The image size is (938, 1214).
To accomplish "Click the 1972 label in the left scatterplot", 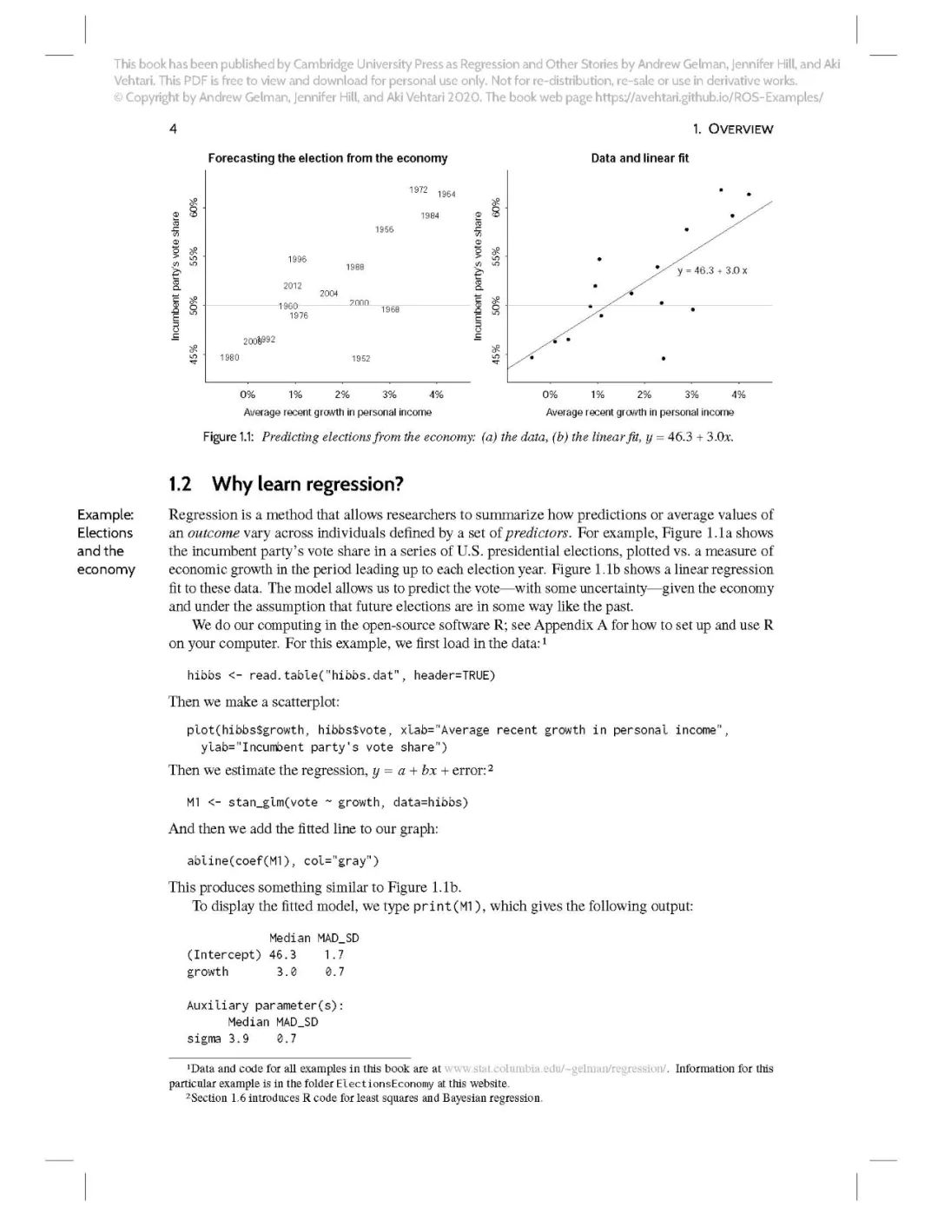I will click(418, 189).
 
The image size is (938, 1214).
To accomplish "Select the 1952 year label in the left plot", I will click(360, 358).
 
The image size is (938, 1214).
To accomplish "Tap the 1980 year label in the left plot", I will click(229, 357).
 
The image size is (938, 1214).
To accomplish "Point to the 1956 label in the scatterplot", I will click(384, 229).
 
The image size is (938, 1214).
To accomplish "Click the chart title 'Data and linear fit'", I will click(639, 158).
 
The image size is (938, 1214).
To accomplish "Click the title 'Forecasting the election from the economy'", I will click(327, 158).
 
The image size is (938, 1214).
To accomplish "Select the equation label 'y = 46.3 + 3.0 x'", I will click(712, 270).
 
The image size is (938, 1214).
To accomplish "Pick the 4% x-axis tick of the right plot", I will click(738, 395).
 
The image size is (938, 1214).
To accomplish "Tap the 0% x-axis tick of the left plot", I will click(248, 395).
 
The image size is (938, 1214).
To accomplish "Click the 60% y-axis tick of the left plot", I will click(195, 208).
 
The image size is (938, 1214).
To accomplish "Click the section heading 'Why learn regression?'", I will click(307, 484).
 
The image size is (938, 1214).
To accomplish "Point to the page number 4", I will click(173, 129).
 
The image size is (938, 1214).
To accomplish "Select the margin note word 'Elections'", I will click(105, 533).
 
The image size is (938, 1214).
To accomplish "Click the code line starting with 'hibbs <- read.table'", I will click(340, 675).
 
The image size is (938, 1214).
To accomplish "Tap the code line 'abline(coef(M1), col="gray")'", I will click(282, 860).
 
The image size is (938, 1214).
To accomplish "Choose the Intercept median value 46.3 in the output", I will click(282, 954).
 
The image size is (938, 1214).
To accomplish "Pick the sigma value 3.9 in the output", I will click(238, 1038).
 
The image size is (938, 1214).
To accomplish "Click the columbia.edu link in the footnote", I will click(555, 1069).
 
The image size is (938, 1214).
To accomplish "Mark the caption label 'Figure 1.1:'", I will click(228, 437).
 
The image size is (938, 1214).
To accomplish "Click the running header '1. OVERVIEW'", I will click(732, 129).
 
